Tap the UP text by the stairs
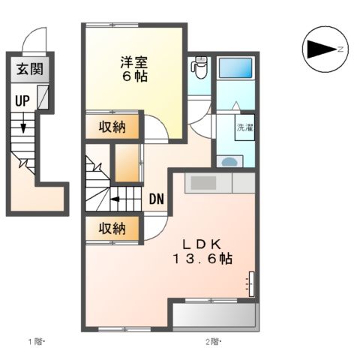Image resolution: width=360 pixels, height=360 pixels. pyautogui.click(x=21, y=100)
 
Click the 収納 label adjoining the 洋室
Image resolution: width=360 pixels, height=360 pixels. pyautogui.click(x=112, y=126)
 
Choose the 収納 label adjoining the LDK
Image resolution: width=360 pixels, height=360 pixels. pyautogui.click(x=112, y=229)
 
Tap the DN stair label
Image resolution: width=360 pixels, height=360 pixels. pyautogui.click(x=157, y=199)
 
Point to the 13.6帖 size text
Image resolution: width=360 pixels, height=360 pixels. pyautogui.click(x=203, y=259)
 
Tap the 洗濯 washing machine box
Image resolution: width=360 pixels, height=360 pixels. pyautogui.click(x=245, y=129)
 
